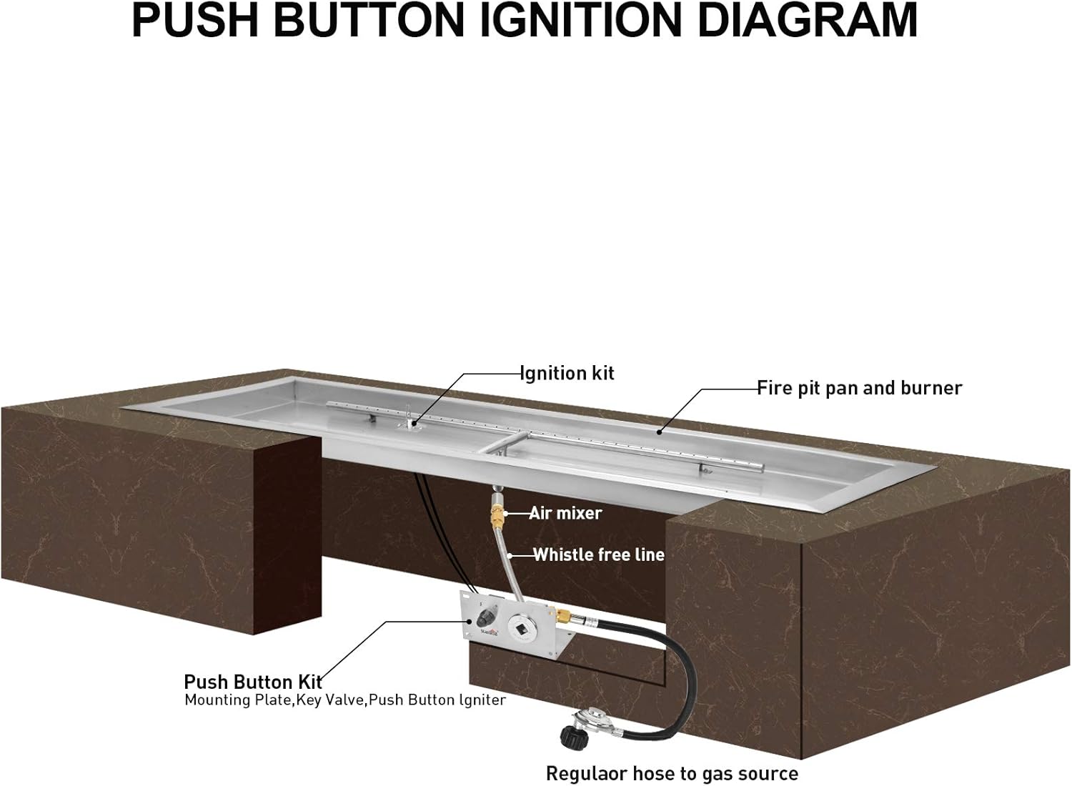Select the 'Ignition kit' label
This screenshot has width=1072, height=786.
click(x=567, y=373)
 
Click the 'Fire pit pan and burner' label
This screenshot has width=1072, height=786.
click(x=859, y=388)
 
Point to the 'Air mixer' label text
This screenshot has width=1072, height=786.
click(x=565, y=513)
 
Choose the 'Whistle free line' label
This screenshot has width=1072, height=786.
click(x=599, y=554)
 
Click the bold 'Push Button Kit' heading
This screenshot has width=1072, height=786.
click(x=253, y=682)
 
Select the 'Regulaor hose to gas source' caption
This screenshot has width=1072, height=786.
click(x=672, y=773)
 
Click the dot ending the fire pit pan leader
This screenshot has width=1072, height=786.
click(x=659, y=432)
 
